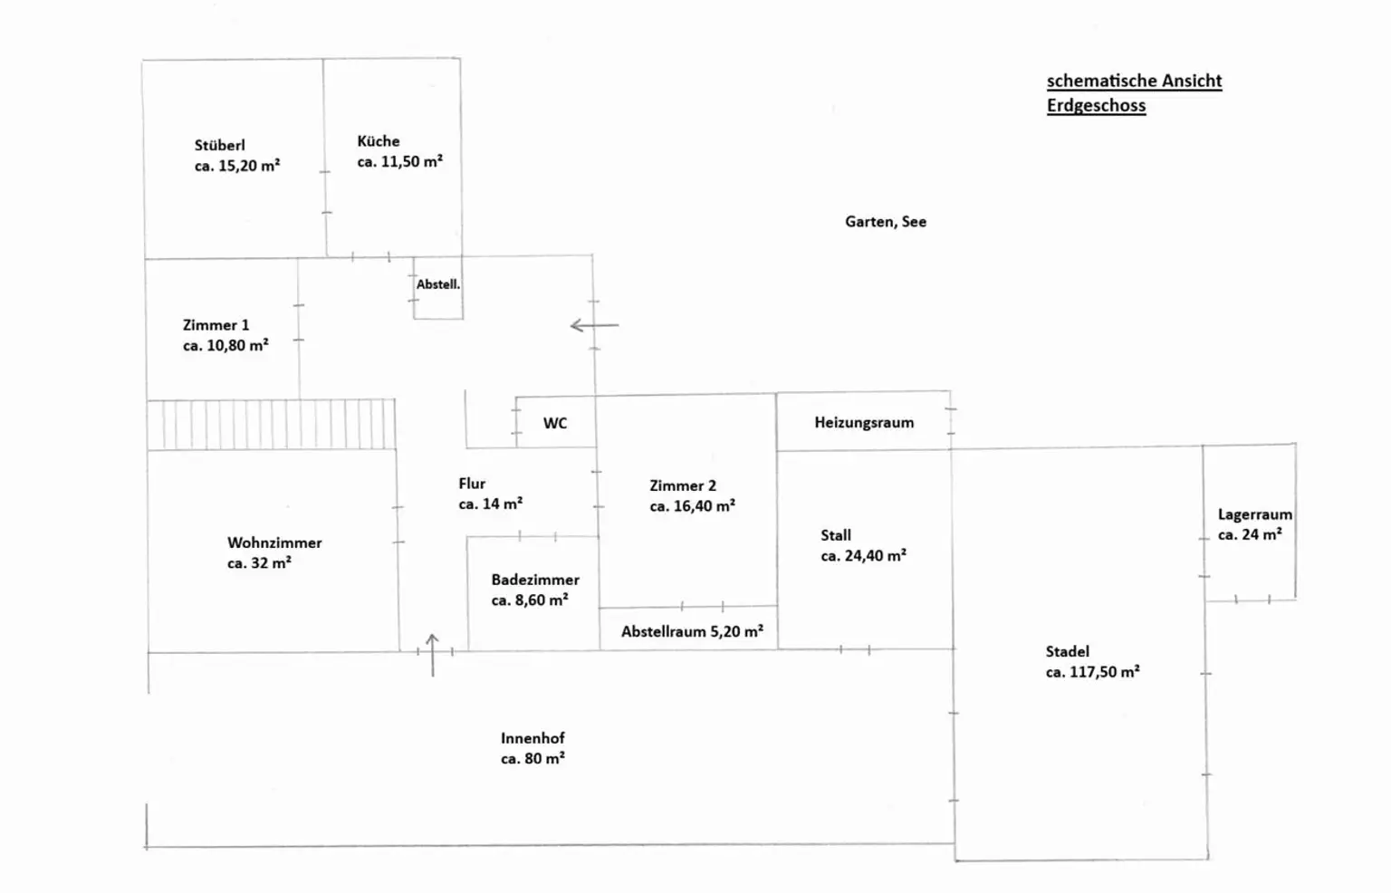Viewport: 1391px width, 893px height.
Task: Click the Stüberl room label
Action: tap(219, 145)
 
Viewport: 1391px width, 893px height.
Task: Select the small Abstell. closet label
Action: tap(438, 284)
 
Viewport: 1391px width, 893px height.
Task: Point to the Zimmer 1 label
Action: tap(216, 325)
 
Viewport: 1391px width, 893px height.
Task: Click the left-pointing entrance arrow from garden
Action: tap(593, 325)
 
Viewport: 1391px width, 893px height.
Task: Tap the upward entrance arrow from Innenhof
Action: tap(432, 654)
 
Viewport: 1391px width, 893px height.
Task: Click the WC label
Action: tap(554, 423)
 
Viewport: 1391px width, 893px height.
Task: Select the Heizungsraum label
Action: tap(863, 423)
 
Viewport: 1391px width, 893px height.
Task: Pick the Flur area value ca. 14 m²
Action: tap(490, 504)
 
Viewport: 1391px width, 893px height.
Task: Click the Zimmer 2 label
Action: tap(682, 486)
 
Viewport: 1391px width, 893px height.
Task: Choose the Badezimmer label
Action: tap(534, 580)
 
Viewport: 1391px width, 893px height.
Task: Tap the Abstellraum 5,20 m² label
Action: tap(691, 632)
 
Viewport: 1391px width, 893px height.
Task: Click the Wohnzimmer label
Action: tap(274, 543)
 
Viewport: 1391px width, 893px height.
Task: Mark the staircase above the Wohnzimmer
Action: tap(271, 425)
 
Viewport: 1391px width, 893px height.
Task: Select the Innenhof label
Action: tap(532, 739)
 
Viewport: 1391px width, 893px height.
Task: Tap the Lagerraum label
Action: tap(1254, 514)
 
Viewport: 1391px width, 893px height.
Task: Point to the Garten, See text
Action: tap(885, 222)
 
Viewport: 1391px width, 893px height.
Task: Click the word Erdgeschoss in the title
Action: tap(1096, 106)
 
